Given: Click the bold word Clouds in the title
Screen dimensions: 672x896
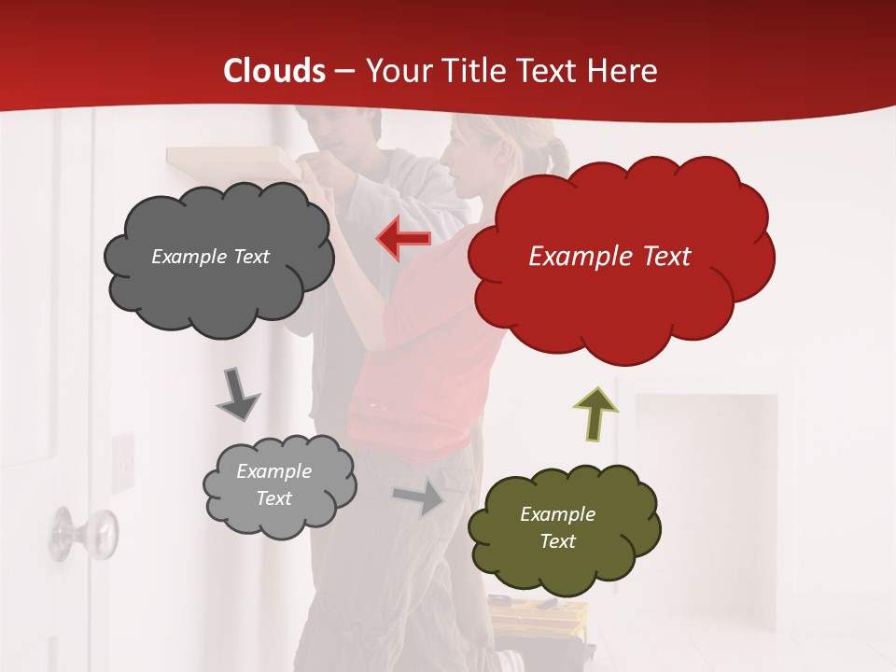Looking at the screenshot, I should point(274,71).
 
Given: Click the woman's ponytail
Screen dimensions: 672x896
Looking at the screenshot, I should point(558,155).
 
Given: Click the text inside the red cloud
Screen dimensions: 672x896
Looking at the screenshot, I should point(609,257).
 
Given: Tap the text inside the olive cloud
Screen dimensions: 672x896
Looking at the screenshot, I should point(557,527).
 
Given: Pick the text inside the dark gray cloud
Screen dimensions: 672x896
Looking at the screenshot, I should point(210,257).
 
